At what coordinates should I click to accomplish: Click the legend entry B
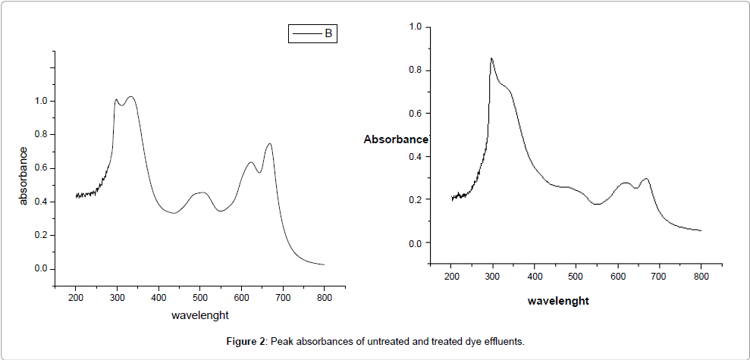[312, 34]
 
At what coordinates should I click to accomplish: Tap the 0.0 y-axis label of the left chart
[40, 269]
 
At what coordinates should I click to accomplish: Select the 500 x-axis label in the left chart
[200, 298]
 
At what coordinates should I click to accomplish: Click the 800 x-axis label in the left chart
[324, 298]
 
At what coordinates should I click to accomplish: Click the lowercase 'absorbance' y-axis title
[24, 176]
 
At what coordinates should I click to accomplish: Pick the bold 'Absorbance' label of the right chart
[396, 139]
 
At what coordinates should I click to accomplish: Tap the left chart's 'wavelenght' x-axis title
[200, 315]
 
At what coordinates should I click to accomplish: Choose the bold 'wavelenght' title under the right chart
[558, 301]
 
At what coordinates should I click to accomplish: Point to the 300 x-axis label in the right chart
[493, 277]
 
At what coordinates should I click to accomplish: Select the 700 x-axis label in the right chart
[659, 277]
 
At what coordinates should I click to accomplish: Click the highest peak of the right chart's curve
[491, 58]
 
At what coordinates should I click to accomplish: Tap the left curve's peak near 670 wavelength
[269, 143]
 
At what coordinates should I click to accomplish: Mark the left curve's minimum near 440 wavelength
[174, 213]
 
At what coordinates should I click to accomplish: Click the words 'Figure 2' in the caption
[245, 342]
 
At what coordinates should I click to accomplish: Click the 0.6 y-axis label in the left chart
[40, 168]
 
